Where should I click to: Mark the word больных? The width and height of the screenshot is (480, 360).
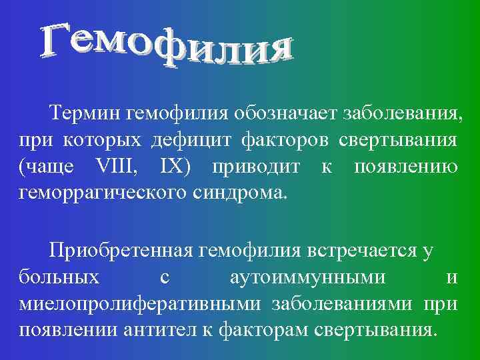pyautogui.click(x=60, y=277)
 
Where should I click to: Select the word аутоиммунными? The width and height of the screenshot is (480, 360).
pyautogui.click(x=311, y=279)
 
